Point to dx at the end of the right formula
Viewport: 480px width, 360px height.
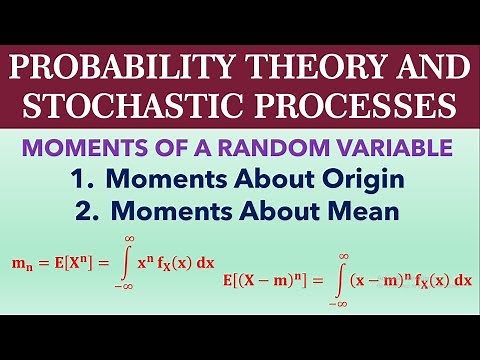click(x=461, y=281)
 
